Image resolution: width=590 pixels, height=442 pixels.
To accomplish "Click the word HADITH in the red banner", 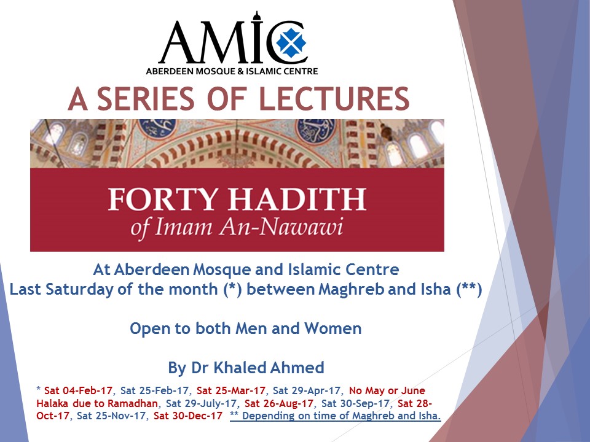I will pyautogui.click(x=289, y=201).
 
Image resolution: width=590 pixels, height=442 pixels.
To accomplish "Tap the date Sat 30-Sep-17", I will pyautogui.click(x=356, y=403).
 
